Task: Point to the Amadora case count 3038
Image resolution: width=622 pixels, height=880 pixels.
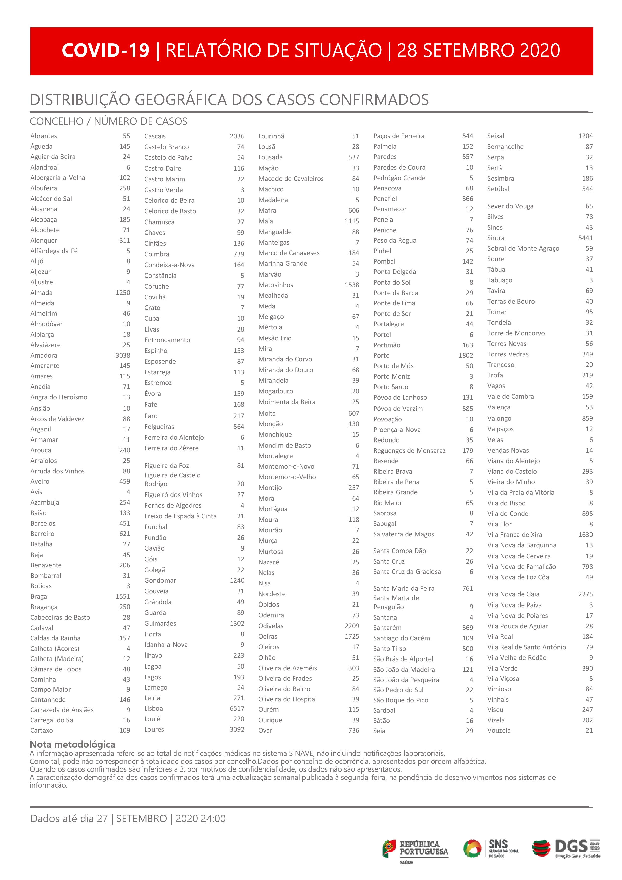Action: pyautogui.click(x=123, y=355)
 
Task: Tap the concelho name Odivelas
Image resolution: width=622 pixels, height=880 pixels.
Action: pyautogui.click(x=271, y=626)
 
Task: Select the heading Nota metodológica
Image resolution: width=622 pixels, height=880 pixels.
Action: pyautogui.click(x=73, y=744)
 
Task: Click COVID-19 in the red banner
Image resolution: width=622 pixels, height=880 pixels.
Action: pyautogui.click(x=105, y=50)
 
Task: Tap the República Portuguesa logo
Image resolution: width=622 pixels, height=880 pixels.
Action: pyautogui.click(x=415, y=849)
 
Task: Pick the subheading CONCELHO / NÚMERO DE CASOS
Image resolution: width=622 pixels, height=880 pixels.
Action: pyautogui.click(x=108, y=122)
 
